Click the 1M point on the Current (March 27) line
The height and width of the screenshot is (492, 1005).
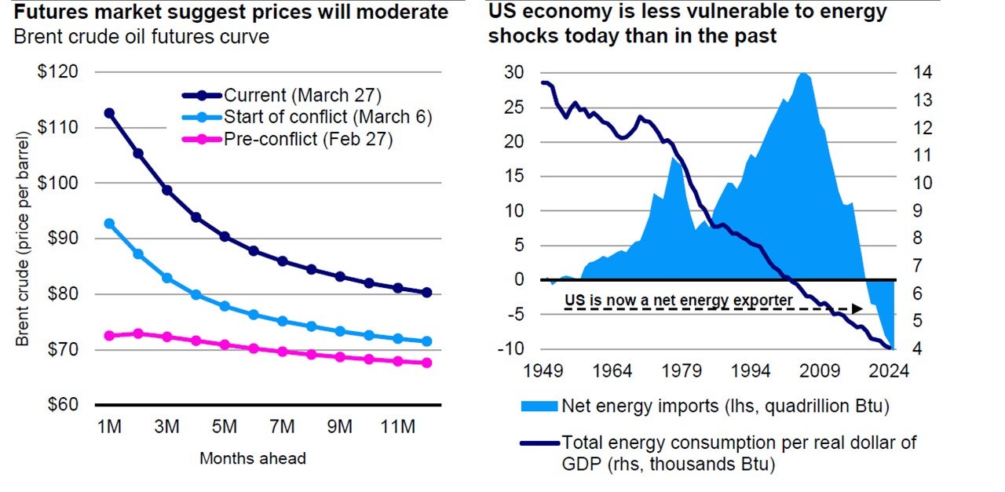pos(109,113)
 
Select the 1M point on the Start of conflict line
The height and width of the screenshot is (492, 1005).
pos(109,224)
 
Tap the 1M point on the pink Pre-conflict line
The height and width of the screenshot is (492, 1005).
pos(109,336)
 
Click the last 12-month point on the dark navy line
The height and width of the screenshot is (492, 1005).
pos(426,293)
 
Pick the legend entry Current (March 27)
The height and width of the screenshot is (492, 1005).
pos(301,96)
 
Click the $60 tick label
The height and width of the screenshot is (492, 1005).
pos(60,405)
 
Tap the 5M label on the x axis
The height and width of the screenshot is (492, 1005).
pos(225,427)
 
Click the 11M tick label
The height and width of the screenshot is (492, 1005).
pos(397,427)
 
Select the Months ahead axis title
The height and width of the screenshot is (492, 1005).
pos(252,458)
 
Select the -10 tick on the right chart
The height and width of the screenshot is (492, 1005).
pos(511,348)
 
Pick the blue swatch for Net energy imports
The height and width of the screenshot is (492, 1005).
pos(538,406)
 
